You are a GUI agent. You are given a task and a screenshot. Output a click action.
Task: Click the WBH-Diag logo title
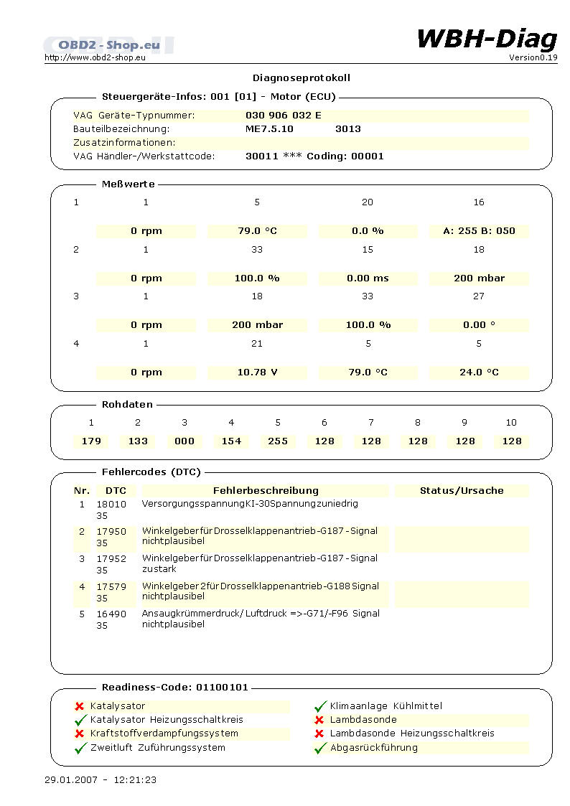point(487,38)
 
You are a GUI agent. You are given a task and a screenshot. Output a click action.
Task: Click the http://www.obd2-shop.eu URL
point(95,57)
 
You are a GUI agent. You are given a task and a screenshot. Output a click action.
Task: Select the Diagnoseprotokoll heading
point(302,78)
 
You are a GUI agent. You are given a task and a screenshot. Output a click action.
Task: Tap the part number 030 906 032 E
point(284,115)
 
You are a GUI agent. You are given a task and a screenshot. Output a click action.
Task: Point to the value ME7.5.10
point(269,128)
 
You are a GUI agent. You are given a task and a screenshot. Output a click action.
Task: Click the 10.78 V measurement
point(257,372)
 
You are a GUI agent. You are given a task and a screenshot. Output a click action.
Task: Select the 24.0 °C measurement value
point(480,372)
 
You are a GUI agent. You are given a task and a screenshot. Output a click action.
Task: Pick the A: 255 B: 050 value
point(480,230)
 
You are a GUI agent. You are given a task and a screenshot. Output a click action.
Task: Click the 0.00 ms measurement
point(368,278)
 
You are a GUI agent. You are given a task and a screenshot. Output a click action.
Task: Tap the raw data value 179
point(91,441)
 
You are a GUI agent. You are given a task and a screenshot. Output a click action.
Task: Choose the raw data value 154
point(231,441)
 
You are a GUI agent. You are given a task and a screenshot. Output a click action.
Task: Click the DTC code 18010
point(111,504)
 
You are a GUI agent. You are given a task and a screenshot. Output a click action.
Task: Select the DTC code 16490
point(111,614)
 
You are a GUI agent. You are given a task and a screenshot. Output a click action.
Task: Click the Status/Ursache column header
point(462,491)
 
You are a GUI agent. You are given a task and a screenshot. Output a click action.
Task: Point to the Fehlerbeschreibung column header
point(266,491)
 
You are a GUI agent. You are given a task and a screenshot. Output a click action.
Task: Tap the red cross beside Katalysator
point(80,706)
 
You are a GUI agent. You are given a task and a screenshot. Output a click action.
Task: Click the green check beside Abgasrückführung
point(320,748)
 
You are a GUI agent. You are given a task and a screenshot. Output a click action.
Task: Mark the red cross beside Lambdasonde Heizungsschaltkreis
point(319,734)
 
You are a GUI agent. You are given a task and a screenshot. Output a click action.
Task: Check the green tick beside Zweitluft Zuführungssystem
point(80,748)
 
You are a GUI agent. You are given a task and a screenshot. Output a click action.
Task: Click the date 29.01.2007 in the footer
point(70,779)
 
